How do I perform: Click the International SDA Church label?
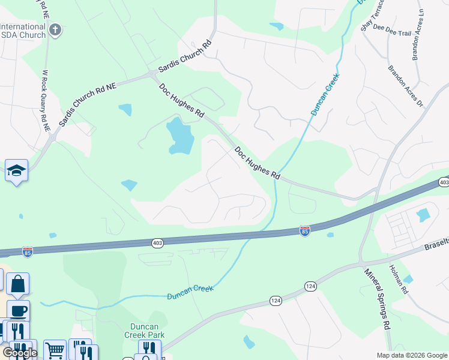coord(23,31)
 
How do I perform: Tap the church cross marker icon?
coord(55,30)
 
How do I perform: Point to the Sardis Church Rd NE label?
coord(88,104)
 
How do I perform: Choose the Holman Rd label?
coord(398,280)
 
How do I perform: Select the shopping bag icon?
coord(18,284)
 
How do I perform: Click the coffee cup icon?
coord(18,311)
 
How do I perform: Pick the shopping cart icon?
coord(55,349)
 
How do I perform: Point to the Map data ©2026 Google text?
coord(411,355)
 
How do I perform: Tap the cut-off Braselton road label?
coord(435,247)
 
